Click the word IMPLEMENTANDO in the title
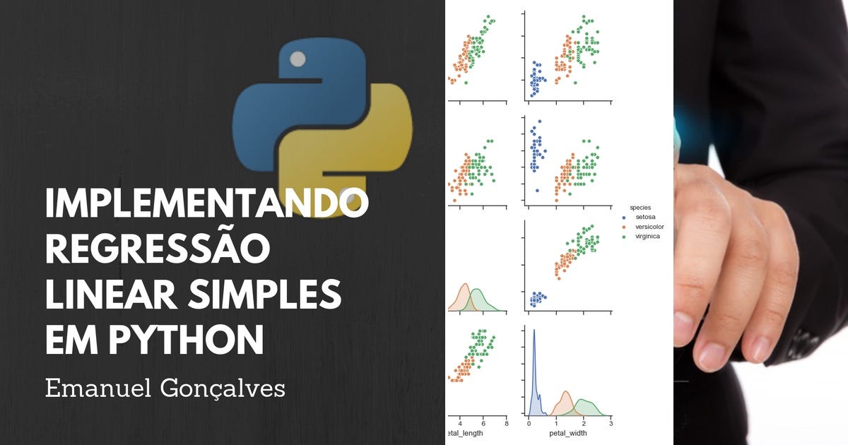point(206,206)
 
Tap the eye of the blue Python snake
point(298,59)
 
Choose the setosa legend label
point(646,217)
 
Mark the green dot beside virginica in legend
point(625,237)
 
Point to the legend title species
point(641,207)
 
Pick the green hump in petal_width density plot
point(585,405)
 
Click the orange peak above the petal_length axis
point(464,287)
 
